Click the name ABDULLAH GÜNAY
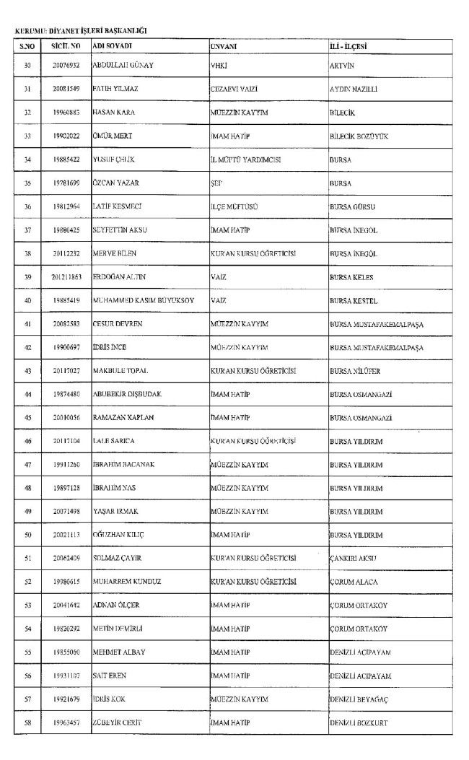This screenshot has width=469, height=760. pyautogui.click(x=123, y=65)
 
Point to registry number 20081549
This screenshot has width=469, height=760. pyautogui.click(x=65, y=89)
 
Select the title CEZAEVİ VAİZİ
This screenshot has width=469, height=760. pyautogui.click(x=234, y=89)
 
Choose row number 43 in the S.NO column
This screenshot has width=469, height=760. pyautogui.click(x=27, y=371)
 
